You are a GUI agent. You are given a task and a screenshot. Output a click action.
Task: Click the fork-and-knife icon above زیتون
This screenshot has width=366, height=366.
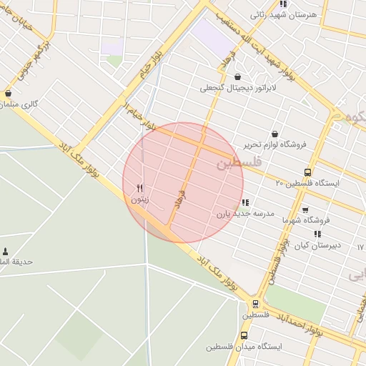[x=140, y=188]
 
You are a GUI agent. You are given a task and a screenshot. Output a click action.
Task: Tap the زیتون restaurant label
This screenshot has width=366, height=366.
[x=140, y=200]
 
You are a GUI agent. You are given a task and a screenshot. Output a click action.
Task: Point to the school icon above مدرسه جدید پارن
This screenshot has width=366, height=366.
[x=246, y=202]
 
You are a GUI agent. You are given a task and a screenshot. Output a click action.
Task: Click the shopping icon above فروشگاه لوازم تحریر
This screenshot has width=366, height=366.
[x=275, y=133]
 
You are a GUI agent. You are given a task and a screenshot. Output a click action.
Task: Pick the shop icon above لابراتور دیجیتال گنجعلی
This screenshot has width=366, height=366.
[x=237, y=76]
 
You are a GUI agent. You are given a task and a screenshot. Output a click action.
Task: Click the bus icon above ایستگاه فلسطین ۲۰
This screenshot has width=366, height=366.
[x=307, y=172]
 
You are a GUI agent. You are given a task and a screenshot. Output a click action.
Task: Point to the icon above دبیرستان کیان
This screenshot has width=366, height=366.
[x=317, y=233]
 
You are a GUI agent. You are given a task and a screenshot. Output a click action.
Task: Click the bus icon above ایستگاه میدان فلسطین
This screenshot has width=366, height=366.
[x=244, y=335]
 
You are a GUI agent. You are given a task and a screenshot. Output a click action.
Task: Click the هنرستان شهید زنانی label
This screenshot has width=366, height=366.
[x=277, y=14]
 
